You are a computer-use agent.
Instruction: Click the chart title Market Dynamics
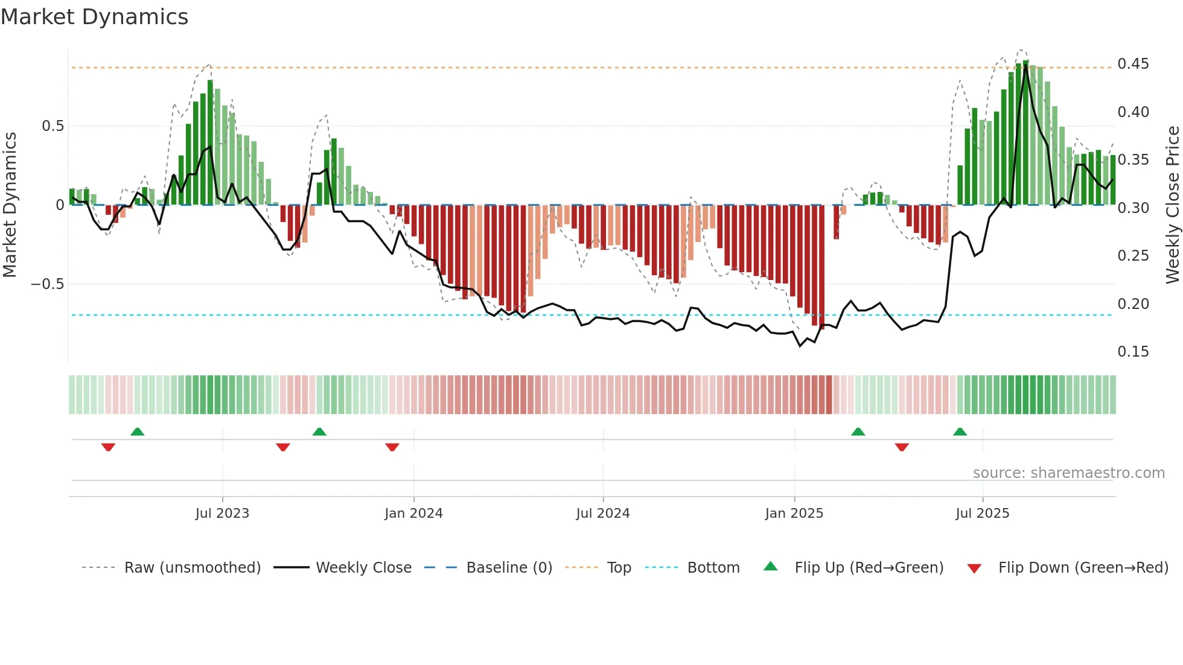coord(94,17)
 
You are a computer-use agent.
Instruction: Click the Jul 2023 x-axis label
coord(222,514)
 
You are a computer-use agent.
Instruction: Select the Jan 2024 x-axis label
coord(413,514)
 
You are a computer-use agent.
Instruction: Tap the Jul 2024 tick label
coord(603,514)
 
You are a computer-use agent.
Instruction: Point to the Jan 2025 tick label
coord(794,514)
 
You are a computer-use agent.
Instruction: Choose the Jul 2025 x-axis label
coord(983,514)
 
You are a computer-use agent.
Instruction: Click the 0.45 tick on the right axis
coord(1133,64)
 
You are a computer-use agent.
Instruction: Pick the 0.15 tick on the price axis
coord(1133,352)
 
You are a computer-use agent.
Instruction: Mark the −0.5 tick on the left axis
coord(47,284)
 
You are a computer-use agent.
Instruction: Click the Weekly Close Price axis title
coord(1172,205)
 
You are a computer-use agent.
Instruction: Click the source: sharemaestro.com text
coord(1068,473)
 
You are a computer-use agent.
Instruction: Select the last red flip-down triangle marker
coord(902,447)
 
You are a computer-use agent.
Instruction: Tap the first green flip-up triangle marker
coord(138,431)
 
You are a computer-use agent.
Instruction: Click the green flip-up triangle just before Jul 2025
coord(960,431)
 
